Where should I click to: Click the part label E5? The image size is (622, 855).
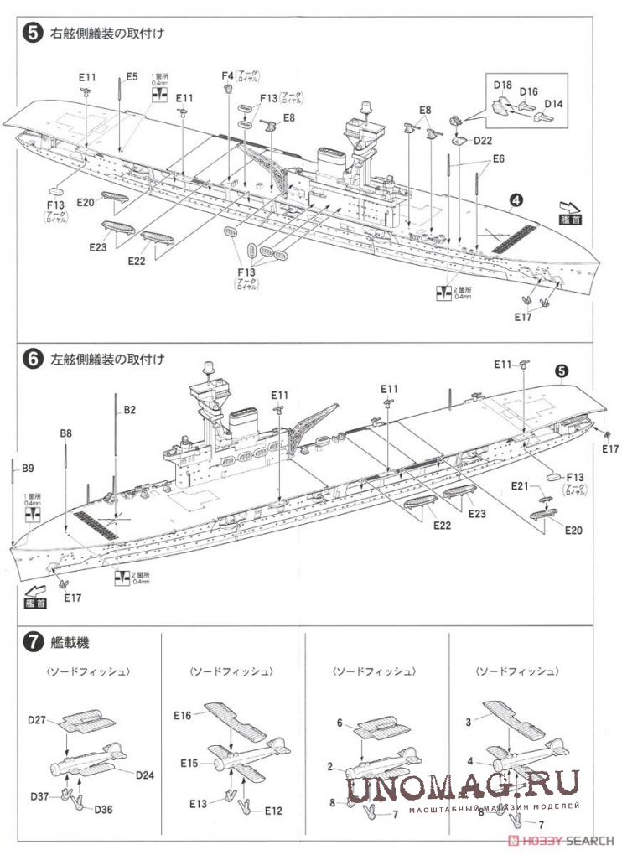point(132,77)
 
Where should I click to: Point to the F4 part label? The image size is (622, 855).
point(226,77)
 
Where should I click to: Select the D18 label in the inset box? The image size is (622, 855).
point(503,85)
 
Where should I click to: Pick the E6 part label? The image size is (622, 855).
point(498,158)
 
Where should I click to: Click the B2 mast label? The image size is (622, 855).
point(130,409)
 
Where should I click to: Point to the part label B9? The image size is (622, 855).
point(28,467)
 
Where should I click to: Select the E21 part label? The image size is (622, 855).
point(520,486)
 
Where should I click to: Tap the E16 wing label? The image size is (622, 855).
point(184,715)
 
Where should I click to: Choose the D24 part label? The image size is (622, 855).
point(144,775)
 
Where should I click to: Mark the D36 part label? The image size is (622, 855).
point(103,810)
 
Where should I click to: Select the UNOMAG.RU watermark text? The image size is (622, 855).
point(463,787)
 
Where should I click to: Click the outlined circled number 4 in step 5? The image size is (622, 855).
point(517,200)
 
